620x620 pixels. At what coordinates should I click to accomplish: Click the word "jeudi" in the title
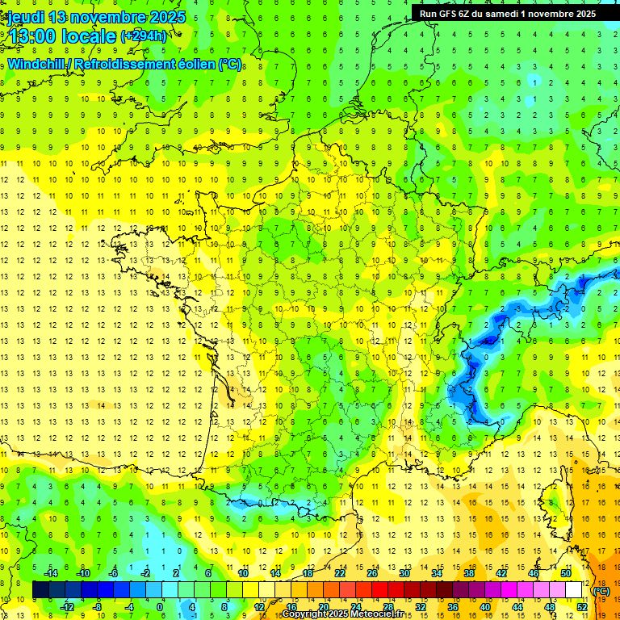[x=25, y=17]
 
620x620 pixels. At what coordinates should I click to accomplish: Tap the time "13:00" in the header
[x=32, y=36]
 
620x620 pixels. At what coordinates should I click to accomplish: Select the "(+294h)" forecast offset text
[x=144, y=36]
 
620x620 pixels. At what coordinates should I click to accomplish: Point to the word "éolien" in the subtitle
[x=195, y=64]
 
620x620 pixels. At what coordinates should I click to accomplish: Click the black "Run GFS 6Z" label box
[x=505, y=14]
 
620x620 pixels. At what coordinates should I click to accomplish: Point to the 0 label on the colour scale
[x=160, y=607]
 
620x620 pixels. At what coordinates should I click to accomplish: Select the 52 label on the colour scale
[x=581, y=607]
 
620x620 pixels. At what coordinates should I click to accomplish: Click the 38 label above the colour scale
[x=468, y=573]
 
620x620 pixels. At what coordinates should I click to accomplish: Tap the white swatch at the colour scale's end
[x=574, y=590]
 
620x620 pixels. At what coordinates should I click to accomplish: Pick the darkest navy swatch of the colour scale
[x=40, y=590]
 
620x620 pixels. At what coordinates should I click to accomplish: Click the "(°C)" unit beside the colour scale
[x=601, y=590]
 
